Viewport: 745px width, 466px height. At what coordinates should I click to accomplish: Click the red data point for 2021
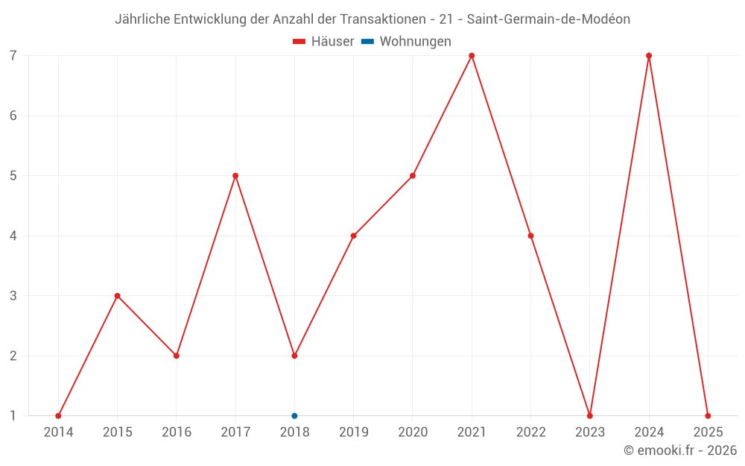coord(472,56)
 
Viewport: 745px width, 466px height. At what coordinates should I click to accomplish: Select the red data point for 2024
coord(649,56)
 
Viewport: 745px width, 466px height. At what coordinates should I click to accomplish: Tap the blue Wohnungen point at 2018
coord(294,415)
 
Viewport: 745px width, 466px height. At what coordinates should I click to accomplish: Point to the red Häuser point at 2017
coord(235,176)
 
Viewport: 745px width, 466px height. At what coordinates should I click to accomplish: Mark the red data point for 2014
coord(58,415)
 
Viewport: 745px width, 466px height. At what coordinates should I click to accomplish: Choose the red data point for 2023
coord(589,415)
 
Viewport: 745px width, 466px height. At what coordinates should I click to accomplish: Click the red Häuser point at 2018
coord(294,356)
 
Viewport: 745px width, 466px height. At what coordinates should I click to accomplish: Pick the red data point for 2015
coord(117,296)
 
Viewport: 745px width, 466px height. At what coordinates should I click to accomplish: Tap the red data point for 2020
coord(413,176)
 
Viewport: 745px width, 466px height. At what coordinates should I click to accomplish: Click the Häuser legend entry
coord(323,42)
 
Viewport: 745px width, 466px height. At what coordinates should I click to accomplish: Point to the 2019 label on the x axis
coord(353,432)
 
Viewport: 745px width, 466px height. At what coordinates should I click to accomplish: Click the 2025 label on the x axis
coord(708,432)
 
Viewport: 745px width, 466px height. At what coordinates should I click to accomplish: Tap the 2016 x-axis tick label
coord(177,432)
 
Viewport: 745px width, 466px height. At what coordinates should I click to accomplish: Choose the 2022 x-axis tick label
coord(530,432)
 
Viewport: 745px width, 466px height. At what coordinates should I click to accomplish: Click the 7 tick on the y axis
coord(13,56)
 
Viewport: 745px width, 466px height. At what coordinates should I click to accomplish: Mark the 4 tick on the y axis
coord(13,236)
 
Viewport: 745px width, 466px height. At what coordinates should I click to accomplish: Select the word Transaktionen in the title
coord(388,19)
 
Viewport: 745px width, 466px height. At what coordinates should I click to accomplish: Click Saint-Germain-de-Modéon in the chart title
coord(548,19)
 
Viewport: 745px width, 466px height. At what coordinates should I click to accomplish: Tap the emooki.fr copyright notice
coord(680,450)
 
